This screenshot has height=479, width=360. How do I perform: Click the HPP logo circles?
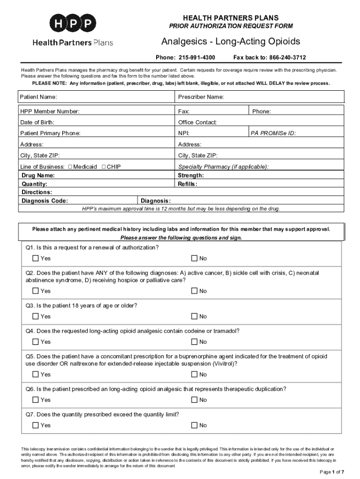click(x=73, y=23)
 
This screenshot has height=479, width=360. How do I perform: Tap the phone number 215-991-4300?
click(x=196, y=58)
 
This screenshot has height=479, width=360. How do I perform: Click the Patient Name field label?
click(x=38, y=97)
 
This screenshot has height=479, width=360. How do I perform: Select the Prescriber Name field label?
click(x=201, y=97)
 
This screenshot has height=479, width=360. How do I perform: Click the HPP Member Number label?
click(x=50, y=112)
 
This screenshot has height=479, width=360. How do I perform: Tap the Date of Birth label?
click(x=37, y=123)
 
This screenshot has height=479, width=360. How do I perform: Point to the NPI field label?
click(x=183, y=133)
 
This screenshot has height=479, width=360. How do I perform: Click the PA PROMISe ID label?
click(x=273, y=133)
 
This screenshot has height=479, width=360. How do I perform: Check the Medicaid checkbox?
click(x=70, y=167)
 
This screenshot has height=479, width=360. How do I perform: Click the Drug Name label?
click(x=38, y=175)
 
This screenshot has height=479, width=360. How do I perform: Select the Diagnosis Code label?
click(x=45, y=201)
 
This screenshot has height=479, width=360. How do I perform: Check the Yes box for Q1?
click(x=36, y=258)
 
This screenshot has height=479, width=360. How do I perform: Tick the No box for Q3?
click(x=194, y=317)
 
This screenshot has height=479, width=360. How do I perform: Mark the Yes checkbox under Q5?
click(x=36, y=374)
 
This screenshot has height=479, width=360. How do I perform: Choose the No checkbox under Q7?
click(x=194, y=425)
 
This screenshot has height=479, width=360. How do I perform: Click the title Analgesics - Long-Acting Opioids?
click(x=230, y=42)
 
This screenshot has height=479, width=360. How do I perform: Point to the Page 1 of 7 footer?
click(x=332, y=472)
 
